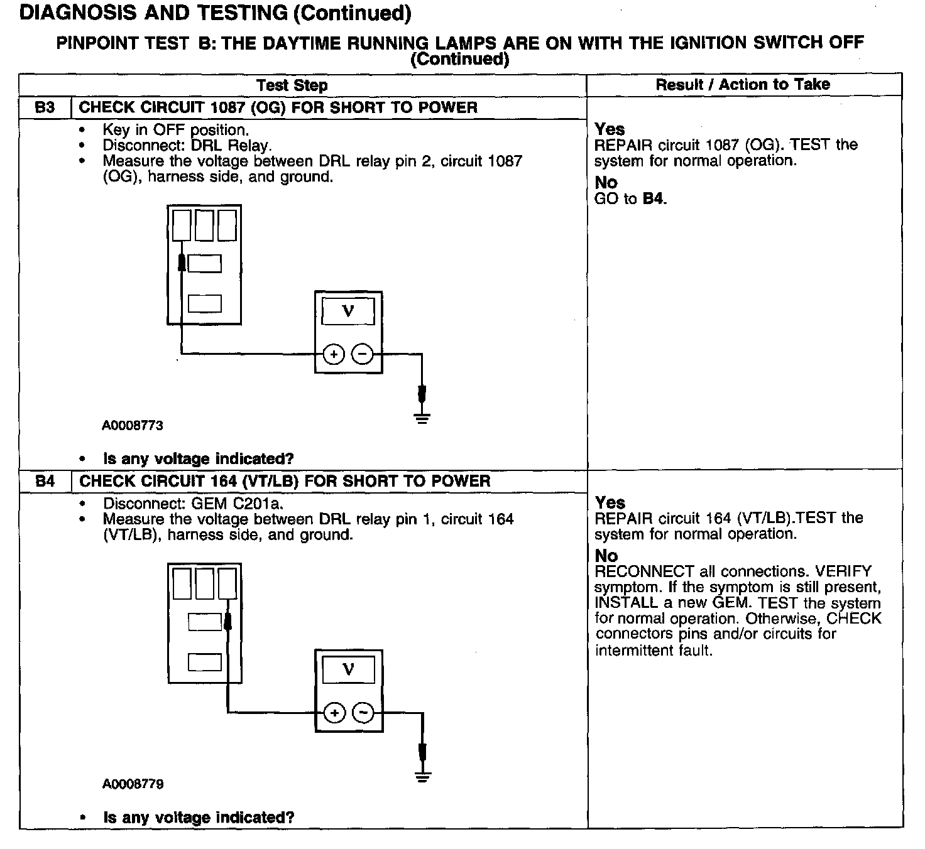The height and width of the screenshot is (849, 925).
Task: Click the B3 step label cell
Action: [45, 107]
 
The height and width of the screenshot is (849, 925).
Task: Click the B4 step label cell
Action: [45, 482]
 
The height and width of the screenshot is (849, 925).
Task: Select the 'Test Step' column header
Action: [292, 85]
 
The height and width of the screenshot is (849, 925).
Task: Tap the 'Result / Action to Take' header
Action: [743, 85]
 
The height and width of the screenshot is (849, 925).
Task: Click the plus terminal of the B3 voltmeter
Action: [334, 355]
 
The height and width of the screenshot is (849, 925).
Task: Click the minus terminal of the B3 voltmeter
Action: [362, 355]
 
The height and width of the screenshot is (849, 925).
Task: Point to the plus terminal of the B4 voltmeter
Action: [334, 713]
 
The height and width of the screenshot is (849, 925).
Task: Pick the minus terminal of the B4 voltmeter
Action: [363, 713]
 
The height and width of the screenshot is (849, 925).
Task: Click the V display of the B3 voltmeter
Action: [348, 311]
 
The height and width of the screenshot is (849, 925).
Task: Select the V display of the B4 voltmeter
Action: [348, 670]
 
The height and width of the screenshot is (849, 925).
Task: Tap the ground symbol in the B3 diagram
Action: [422, 418]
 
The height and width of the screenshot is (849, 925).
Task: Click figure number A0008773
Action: [133, 426]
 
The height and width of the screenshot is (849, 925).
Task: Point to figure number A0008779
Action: [133, 784]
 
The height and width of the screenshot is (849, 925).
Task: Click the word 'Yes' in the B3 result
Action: [610, 129]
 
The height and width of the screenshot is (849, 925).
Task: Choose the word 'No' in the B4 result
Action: [606, 556]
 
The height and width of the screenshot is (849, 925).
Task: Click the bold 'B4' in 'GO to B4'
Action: [654, 199]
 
